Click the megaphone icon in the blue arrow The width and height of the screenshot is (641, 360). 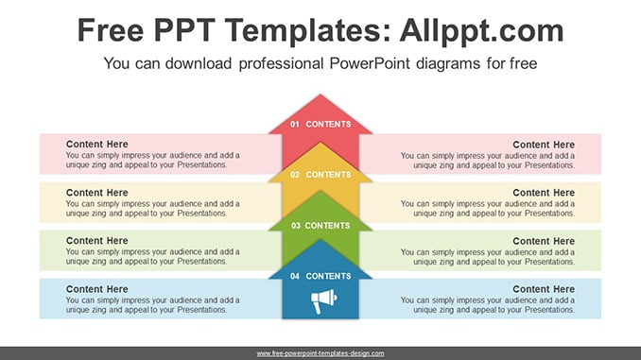pos(323,300)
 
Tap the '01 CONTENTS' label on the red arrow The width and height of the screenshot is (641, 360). pos(320,124)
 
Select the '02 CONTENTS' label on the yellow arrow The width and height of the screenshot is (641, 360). pos(320,175)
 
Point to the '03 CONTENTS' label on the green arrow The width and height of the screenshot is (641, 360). pos(320,226)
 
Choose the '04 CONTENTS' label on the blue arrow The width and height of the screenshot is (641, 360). pos(320,276)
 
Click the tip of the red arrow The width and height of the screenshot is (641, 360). pos(320,94)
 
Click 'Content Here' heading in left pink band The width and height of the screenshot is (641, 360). pos(96,145)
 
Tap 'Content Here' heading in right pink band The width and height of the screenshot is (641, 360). pos(544,145)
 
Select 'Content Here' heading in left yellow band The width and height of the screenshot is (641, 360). pos(96,193)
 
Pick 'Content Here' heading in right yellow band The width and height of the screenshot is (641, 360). pos(544,193)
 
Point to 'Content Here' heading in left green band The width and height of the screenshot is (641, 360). pos(96,241)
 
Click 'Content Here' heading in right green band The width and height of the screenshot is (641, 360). pos(544,241)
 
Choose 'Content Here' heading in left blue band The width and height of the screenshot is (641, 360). pos(96,289)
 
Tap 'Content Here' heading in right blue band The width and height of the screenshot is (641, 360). pos(544,289)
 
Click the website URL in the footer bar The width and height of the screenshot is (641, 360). pos(320,353)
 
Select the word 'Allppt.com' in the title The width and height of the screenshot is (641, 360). pos(481,31)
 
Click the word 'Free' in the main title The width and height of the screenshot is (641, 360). pos(111,30)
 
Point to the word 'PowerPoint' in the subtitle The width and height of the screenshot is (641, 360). pos(370,63)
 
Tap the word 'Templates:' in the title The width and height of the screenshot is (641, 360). pos(308,31)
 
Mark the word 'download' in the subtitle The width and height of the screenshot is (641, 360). pos(199,63)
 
